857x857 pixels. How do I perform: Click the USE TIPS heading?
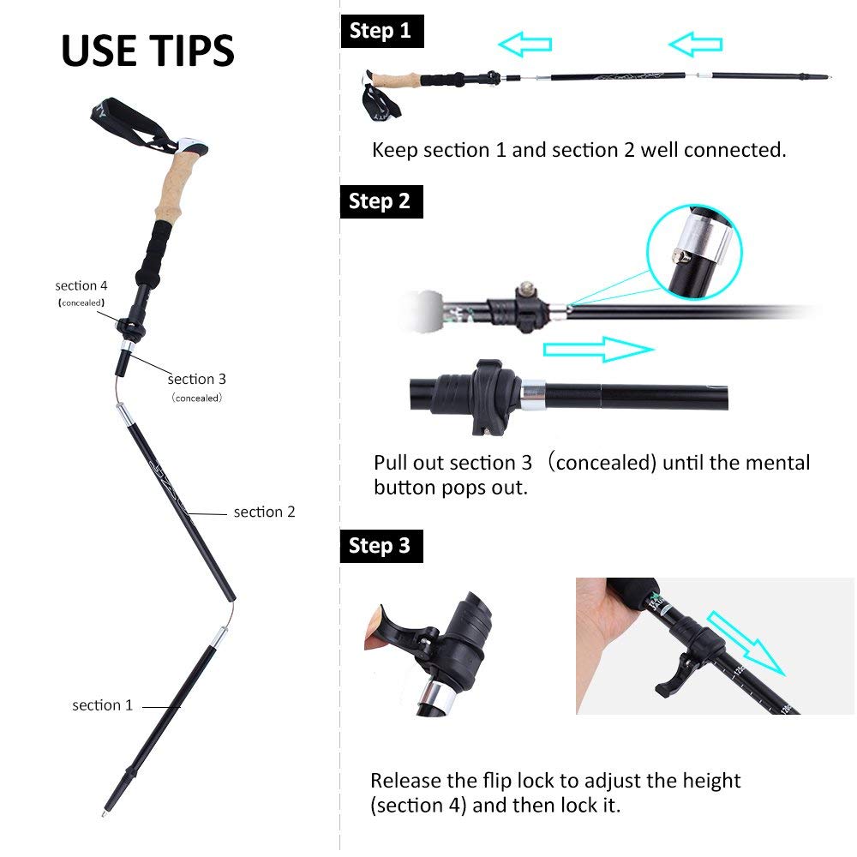tap(147, 51)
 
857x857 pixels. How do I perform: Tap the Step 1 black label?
tap(382, 31)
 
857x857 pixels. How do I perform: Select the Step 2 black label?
tap(381, 201)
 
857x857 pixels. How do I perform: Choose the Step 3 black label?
tap(381, 546)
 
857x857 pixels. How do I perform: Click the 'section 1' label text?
tap(103, 705)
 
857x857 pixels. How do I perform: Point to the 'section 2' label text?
tap(265, 512)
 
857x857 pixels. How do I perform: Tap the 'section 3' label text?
tap(197, 379)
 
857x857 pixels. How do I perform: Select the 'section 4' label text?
tap(81, 285)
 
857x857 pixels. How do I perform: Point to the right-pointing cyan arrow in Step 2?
tap(598, 350)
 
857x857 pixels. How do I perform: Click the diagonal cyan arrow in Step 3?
tap(746, 644)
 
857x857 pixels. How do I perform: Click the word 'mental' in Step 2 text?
tap(777, 463)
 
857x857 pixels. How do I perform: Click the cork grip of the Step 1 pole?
tap(394, 80)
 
